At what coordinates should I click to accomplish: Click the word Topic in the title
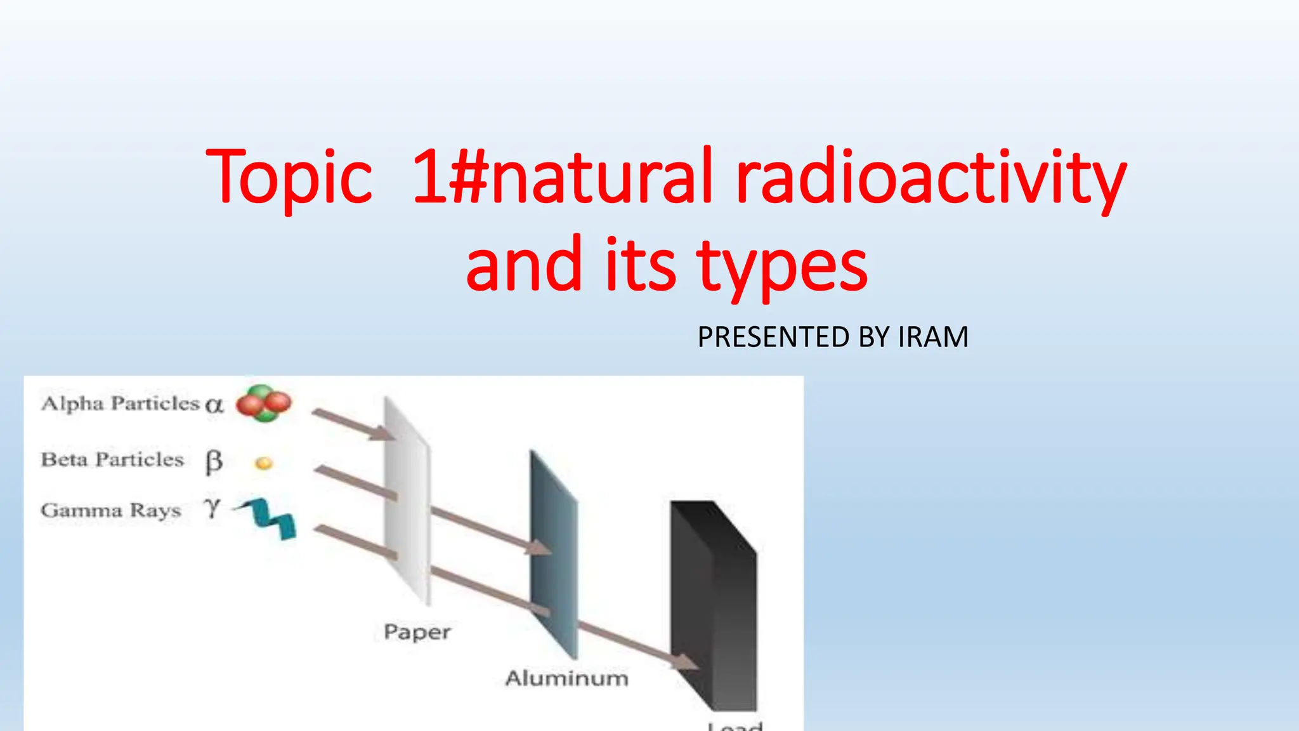click(x=289, y=178)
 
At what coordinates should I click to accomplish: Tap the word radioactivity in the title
click(x=930, y=178)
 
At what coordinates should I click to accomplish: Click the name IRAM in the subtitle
click(x=933, y=337)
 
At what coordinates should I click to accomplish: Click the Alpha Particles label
click(x=120, y=404)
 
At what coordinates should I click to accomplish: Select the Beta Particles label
click(x=112, y=459)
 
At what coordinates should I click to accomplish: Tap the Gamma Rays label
click(x=111, y=510)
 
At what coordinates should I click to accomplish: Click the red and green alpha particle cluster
click(x=264, y=403)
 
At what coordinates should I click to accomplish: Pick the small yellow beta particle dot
click(x=264, y=464)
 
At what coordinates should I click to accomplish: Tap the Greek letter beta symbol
click(x=214, y=462)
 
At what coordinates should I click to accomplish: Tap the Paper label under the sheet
click(x=417, y=632)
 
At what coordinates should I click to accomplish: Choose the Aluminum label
click(x=566, y=678)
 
